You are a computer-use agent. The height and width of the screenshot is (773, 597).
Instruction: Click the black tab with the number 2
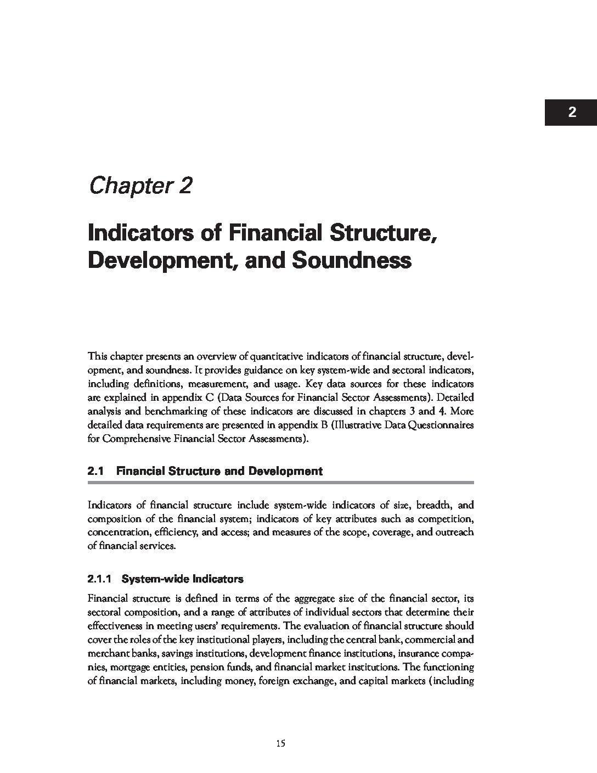pyautogui.click(x=571, y=113)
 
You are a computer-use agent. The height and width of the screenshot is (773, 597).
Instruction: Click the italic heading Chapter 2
pyautogui.click(x=140, y=186)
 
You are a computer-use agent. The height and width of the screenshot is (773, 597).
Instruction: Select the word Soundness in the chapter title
pyautogui.click(x=351, y=260)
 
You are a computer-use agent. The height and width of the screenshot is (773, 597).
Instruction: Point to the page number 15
pyautogui.click(x=280, y=744)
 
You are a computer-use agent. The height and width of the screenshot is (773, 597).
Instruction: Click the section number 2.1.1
pyautogui.click(x=100, y=579)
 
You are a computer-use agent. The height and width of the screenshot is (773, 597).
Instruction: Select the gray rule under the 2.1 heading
pyautogui.click(x=280, y=483)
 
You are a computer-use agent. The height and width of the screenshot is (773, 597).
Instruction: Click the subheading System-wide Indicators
pyautogui.click(x=183, y=579)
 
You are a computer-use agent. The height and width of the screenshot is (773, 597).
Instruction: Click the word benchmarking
pyautogui.click(x=161, y=411)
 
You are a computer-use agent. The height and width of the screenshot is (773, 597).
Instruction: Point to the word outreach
pyautogui.click(x=455, y=532)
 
